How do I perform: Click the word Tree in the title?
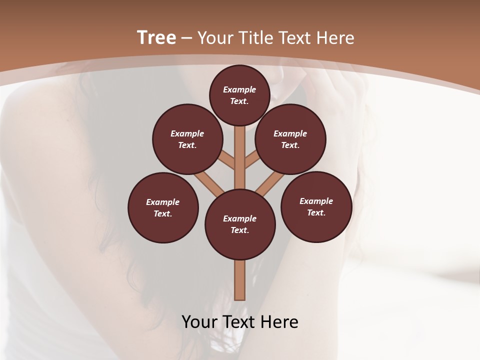coord(156,38)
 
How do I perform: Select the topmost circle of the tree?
coord(239,95)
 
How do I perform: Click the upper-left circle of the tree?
coord(187,139)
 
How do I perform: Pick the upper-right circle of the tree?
coord(290,139)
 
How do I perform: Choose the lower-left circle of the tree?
coord(163,208)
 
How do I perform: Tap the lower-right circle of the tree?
coord(316,207)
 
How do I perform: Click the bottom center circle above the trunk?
coord(240,224)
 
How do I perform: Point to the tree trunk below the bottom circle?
coord(240,280)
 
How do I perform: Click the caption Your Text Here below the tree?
coord(240,322)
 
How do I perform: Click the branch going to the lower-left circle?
coord(209,183)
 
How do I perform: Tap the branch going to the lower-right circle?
coord(270,182)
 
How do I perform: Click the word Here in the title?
coord(335,38)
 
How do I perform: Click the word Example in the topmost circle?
coord(239,89)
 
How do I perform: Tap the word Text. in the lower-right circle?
coord(316,213)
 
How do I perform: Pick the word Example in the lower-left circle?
coord(163,202)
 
